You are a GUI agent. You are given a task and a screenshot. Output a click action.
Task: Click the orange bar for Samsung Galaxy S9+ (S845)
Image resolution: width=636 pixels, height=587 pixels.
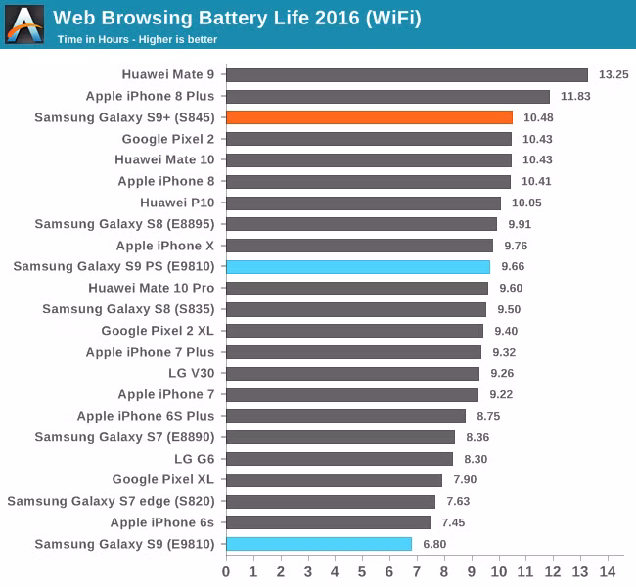(369, 117)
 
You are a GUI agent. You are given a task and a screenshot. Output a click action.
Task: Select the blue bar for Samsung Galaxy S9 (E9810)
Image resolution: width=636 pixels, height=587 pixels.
(319, 544)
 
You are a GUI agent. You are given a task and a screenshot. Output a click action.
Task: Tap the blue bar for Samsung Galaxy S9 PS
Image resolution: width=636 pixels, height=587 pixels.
(358, 266)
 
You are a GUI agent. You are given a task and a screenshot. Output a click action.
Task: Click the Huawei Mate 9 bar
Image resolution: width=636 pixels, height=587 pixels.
(407, 74)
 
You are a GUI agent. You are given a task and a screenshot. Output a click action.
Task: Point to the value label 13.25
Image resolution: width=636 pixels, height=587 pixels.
(613, 74)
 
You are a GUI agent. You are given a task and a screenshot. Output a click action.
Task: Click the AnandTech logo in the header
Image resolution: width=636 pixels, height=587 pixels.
(24, 24)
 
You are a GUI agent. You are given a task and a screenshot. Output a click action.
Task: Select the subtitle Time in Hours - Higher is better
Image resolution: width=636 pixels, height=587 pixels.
(137, 40)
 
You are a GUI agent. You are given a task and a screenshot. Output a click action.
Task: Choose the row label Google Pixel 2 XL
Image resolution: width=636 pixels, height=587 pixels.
(158, 331)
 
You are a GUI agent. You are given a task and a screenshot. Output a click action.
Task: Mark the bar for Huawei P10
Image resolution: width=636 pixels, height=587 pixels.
(363, 203)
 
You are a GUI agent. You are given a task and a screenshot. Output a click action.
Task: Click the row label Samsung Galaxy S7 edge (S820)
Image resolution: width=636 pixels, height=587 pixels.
(112, 501)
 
